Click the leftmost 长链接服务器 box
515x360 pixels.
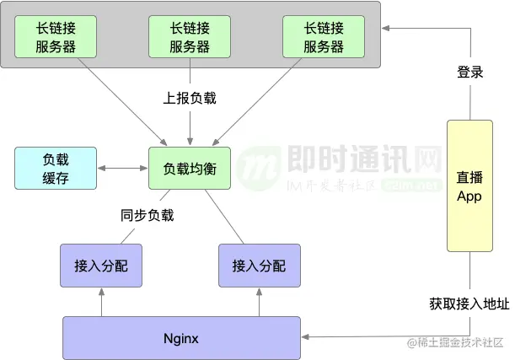56,37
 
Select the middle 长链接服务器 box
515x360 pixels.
190,37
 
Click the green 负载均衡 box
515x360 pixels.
190,169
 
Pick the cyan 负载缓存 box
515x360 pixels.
56,168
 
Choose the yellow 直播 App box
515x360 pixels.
469,185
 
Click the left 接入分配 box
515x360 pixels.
100,266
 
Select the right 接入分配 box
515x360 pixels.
259,266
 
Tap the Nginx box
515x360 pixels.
181,338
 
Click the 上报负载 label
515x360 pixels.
190,98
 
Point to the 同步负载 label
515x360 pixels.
147,215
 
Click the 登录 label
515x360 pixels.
469,73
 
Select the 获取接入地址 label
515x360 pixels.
469,304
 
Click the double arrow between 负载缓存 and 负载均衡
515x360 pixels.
123,169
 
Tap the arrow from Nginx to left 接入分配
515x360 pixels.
100,302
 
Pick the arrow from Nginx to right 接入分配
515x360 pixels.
259,302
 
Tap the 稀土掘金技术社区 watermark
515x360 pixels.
460,342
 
